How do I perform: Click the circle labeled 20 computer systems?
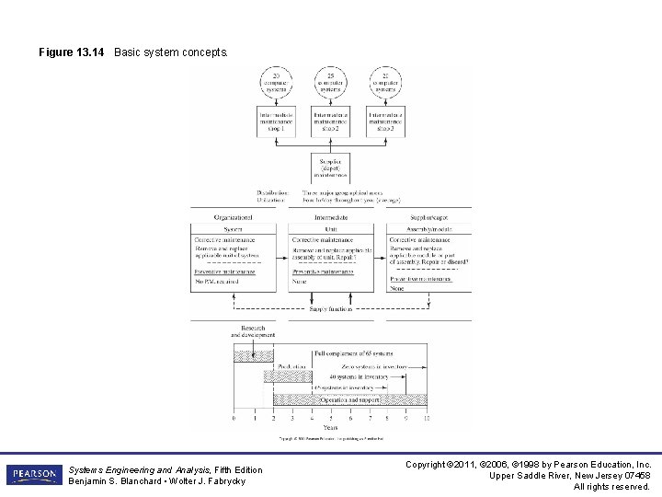pyautogui.click(x=276, y=84)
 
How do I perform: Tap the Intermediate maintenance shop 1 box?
pyautogui.click(x=276, y=121)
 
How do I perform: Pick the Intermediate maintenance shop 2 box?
pyautogui.click(x=331, y=121)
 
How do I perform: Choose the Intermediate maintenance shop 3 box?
pyautogui.click(x=386, y=121)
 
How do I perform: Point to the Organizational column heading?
pyautogui.click(x=233, y=217)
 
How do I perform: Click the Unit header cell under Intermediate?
pyautogui.click(x=331, y=229)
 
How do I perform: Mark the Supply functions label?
pyautogui.click(x=331, y=309)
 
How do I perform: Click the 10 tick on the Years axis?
pyautogui.click(x=427, y=418)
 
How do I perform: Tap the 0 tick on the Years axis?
pyautogui.click(x=234, y=418)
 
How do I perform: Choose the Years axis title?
pyautogui.click(x=330, y=427)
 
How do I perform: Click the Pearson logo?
pyautogui.click(x=33, y=475)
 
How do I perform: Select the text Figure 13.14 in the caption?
pyautogui.click(x=72, y=52)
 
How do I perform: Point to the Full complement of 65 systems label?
pyautogui.click(x=354, y=353)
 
